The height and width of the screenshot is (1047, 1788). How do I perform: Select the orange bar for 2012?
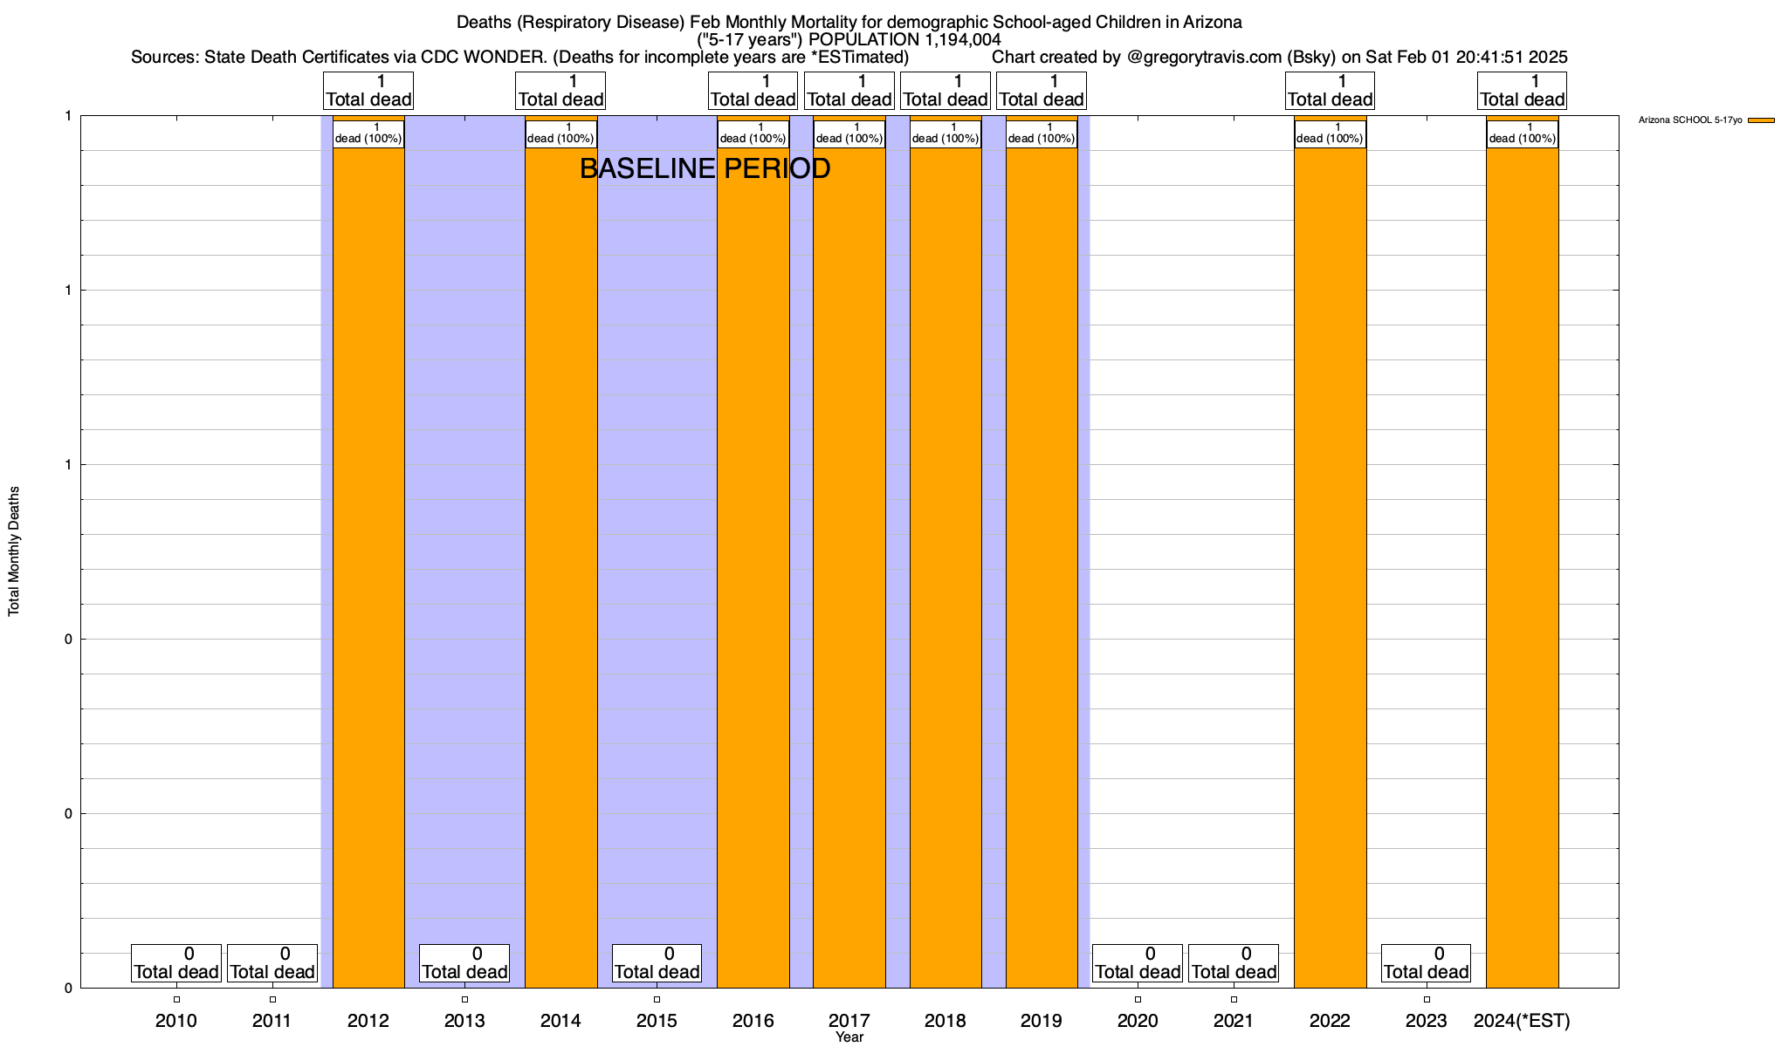[x=368, y=567]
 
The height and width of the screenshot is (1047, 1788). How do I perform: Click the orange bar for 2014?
[x=560, y=567]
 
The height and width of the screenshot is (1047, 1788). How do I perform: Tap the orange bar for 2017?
[x=849, y=567]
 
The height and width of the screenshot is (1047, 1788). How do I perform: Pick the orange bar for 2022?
[x=1330, y=567]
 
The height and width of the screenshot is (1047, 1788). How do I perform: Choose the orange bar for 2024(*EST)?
[x=1522, y=567]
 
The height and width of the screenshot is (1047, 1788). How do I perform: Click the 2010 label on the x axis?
[x=176, y=1021]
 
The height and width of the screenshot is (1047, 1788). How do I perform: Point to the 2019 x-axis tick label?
[x=1042, y=1021]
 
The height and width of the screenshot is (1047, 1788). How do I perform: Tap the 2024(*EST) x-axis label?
[x=1522, y=1021]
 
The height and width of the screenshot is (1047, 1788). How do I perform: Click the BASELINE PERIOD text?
[x=705, y=168]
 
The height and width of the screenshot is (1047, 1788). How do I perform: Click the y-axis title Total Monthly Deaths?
[x=14, y=551]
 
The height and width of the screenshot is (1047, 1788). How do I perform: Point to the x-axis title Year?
[x=849, y=1037]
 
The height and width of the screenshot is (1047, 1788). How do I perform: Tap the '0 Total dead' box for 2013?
[x=464, y=963]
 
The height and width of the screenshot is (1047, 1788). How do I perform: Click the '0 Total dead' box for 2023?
[x=1426, y=963]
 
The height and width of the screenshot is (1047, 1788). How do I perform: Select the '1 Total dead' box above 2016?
[x=753, y=91]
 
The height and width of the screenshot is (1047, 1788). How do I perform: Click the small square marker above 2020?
[x=1138, y=999]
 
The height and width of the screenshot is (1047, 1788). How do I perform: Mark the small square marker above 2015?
[x=657, y=999]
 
